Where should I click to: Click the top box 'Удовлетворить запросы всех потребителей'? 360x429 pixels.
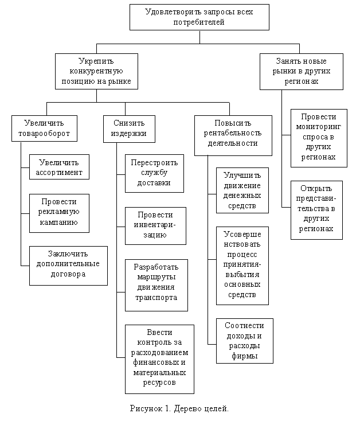tap(199, 17)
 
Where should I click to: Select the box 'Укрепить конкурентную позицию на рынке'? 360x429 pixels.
tap(96, 71)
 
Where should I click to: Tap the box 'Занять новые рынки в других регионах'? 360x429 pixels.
tap(301, 71)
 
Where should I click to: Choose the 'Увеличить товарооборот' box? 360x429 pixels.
tap(44, 128)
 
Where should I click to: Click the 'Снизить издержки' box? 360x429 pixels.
tap(125, 128)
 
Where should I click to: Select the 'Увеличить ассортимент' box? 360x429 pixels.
tap(59, 167)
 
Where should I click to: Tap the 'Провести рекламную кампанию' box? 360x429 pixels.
tap(59, 212)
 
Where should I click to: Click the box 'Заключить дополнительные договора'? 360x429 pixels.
tap(68, 265)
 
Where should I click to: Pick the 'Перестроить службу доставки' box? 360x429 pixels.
tap(154, 173)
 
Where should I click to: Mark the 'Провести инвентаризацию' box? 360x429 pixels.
tap(155, 225)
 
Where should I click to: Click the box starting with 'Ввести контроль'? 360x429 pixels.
tap(159, 358)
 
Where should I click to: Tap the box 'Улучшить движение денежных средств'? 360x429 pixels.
tap(242, 190)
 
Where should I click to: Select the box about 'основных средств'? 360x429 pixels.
tap(242, 265)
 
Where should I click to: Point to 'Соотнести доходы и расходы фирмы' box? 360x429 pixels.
tap(244, 341)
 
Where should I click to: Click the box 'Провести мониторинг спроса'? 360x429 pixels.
tap(319, 138)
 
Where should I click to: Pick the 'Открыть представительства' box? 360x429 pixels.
tap(316, 209)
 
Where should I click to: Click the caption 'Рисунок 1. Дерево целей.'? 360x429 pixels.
tap(179, 408)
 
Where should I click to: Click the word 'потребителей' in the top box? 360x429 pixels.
tap(199, 22)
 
